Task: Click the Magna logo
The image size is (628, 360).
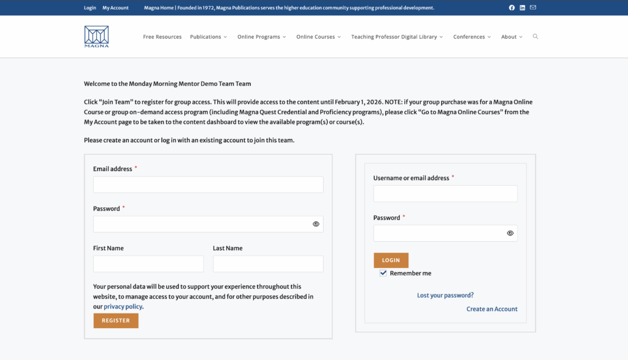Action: tap(96, 36)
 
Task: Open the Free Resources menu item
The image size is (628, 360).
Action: tap(162, 37)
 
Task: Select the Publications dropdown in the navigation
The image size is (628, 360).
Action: tap(208, 37)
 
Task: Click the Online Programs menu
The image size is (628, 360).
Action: tap(262, 37)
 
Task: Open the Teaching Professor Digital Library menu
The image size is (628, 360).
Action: tap(397, 37)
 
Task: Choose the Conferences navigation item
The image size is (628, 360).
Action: tap(472, 37)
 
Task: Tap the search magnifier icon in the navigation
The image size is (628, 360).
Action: tap(535, 37)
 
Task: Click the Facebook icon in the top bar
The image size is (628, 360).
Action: tap(512, 8)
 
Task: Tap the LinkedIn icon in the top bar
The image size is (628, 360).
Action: tap(523, 8)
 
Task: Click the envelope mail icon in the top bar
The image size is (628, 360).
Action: tap(533, 8)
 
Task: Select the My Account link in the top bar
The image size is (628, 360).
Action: tap(115, 8)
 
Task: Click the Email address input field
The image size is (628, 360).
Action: tap(208, 185)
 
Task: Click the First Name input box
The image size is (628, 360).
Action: tap(148, 264)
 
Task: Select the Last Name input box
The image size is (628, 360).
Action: tap(268, 264)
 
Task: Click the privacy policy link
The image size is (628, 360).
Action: tap(123, 307)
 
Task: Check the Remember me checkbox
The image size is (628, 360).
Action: tap(383, 274)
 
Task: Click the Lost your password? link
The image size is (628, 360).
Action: tap(445, 296)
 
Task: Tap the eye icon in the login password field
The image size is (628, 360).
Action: tap(510, 233)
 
